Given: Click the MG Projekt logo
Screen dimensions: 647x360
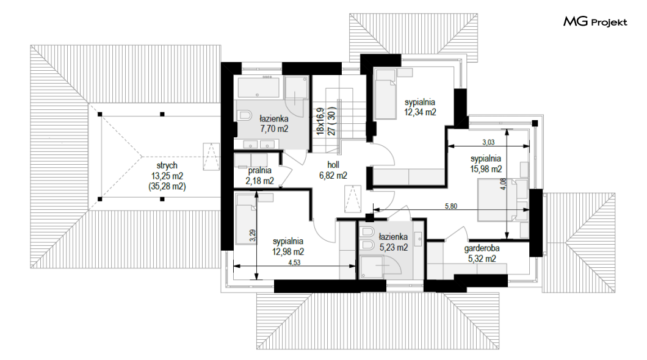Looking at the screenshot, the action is pyautogui.click(x=595, y=21).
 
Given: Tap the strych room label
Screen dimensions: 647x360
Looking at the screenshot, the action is pyautogui.click(x=167, y=165).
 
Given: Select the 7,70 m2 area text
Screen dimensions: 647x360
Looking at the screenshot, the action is pyautogui.click(x=274, y=129).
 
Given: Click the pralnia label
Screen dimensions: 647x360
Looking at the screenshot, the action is pyautogui.click(x=259, y=170).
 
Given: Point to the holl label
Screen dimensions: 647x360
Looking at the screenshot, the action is pyautogui.click(x=333, y=165).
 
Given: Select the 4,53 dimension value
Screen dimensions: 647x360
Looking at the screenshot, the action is pyautogui.click(x=294, y=263).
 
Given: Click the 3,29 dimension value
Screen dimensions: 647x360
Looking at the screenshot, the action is pyautogui.click(x=253, y=236).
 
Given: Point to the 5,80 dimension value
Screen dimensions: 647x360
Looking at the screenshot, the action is pyautogui.click(x=451, y=206).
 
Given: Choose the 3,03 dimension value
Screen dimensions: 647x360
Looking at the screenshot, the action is pyautogui.click(x=488, y=142).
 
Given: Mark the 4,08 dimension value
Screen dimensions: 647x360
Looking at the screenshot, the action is pyautogui.click(x=502, y=184).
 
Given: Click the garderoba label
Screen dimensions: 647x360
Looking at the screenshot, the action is pyautogui.click(x=482, y=248).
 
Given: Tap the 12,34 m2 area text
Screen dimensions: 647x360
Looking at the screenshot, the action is pyautogui.click(x=420, y=112).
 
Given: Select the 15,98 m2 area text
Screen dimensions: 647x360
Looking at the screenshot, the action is pyautogui.click(x=486, y=168).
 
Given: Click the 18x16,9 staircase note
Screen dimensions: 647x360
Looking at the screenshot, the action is pyautogui.click(x=320, y=121).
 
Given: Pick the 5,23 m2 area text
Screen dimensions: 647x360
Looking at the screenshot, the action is pyautogui.click(x=394, y=247).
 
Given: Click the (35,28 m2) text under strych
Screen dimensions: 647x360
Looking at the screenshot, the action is pyautogui.click(x=167, y=186).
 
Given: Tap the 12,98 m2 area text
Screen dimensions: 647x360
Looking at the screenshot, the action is pyautogui.click(x=288, y=252).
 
